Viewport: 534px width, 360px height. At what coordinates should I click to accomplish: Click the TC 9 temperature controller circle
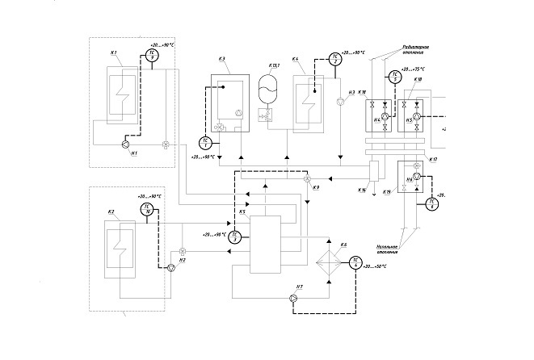point(151,56)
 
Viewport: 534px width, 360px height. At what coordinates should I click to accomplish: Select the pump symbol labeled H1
point(125,144)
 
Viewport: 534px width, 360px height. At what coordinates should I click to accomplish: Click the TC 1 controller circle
point(205,143)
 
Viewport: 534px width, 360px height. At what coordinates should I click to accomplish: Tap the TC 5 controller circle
point(394,77)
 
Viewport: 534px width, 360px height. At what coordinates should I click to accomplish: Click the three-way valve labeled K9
point(307,179)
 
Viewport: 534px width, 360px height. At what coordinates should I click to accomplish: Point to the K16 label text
point(362,190)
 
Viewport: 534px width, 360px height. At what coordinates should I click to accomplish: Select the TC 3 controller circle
point(235,237)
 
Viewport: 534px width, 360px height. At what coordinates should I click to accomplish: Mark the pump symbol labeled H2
point(170,268)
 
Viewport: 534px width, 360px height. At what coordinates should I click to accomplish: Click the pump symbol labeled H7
point(293,299)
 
